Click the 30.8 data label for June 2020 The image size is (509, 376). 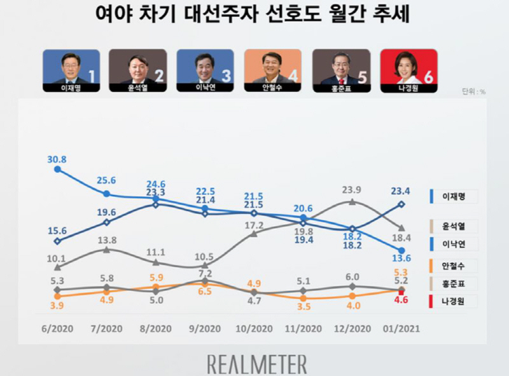(x=58, y=159)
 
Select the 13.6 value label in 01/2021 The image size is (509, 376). (x=400, y=258)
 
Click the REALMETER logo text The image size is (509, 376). (x=257, y=364)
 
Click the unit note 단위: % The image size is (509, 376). (x=473, y=91)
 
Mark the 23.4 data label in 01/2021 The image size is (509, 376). (x=401, y=189)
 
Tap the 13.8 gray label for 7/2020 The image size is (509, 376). (x=107, y=240)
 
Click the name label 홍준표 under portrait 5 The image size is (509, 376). (x=341, y=88)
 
